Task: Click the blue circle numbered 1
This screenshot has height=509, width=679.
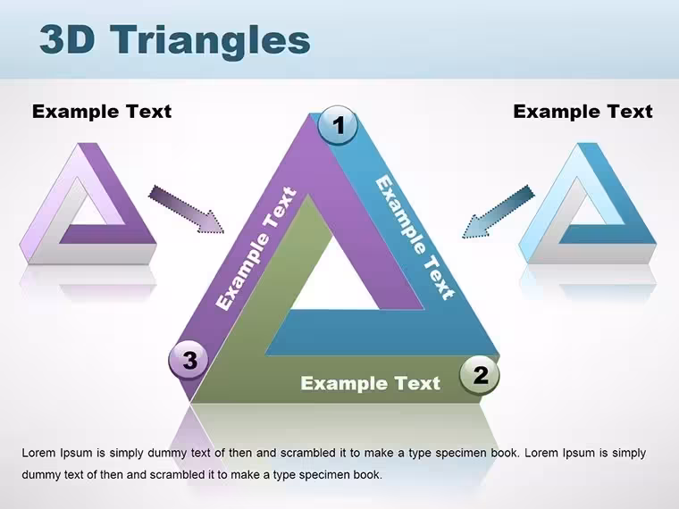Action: coord(338,125)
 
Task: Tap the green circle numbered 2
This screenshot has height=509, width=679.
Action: coord(480,374)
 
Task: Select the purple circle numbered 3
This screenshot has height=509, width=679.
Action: coord(189,360)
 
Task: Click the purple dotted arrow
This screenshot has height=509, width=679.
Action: coord(186,210)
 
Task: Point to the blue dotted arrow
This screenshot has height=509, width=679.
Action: coord(498,213)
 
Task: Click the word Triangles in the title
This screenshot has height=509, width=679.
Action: coord(210,41)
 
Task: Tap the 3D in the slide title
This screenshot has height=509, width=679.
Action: coord(67,39)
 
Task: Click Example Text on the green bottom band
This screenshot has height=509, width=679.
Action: coord(370,383)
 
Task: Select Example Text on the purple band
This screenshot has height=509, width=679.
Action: coord(256,248)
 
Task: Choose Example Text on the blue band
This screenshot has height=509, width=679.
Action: coord(415,238)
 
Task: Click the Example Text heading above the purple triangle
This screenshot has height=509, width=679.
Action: coord(102,112)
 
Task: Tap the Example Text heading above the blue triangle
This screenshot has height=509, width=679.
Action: coord(583,112)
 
